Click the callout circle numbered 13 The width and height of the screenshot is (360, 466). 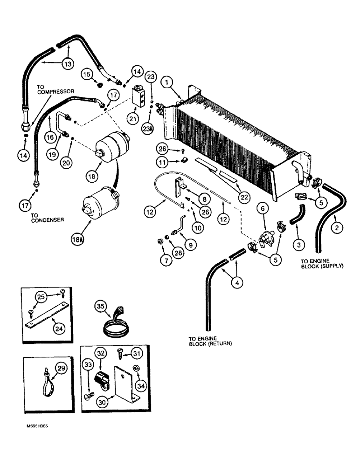[x=68, y=63]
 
